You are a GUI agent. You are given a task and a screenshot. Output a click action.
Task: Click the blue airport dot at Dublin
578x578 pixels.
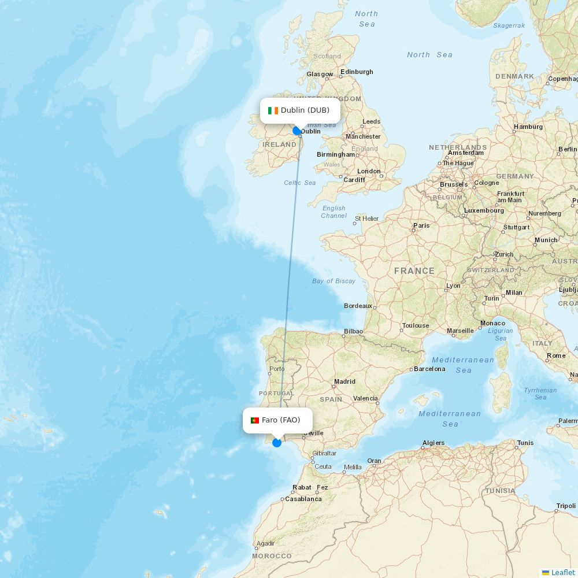pyautogui.click(x=297, y=131)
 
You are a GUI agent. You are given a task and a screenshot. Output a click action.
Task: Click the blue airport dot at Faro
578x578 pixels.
pyautogui.click(x=277, y=443)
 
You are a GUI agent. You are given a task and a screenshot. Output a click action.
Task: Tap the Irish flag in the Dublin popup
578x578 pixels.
pyautogui.click(x=273, y=110)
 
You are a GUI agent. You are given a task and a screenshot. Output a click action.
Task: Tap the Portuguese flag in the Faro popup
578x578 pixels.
pyautogui.click(x=254, y=420)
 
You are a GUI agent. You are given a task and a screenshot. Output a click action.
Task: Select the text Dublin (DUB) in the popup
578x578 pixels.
pyautogui.click(x=305, y=110)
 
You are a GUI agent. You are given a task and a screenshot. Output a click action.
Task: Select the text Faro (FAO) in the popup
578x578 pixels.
pyautogui.click(x=281, y=420)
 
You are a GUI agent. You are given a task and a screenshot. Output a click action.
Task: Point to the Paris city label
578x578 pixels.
pyautogui.click(x=421, y=225)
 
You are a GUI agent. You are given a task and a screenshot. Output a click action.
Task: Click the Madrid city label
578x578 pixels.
pyautogui.click(x=344, y=381)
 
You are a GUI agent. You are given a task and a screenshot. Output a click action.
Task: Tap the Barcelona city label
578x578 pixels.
pyautogui.click(x=430, y=369)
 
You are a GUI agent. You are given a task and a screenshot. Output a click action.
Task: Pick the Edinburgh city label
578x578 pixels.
pyautogui.click(x=357, y=72)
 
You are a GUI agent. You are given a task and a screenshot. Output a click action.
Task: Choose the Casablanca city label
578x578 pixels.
pyautogui.click(x=303, y=499)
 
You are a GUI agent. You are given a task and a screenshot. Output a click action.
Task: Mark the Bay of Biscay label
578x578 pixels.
pyautogui.click(x=334, y=281)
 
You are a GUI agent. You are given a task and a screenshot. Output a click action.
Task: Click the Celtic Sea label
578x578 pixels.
pyautogui.click(x=299, y=183)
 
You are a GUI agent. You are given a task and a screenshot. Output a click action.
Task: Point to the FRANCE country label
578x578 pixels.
pyautogui.click(x=414, y=271)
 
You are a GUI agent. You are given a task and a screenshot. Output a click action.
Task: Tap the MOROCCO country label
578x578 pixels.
pyautogui.click(x=272, y=556)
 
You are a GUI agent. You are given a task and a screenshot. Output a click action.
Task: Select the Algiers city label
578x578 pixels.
pyautogui.click(x=433, y=443)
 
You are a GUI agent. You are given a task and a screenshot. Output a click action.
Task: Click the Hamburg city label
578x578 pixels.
pyautogui.click(x=528, y=127)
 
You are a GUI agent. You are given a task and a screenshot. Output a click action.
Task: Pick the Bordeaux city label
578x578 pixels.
pyautogui.click(x=358, y=306)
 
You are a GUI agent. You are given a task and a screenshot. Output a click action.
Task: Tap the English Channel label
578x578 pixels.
pyautogui.click(x=334, y=212)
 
